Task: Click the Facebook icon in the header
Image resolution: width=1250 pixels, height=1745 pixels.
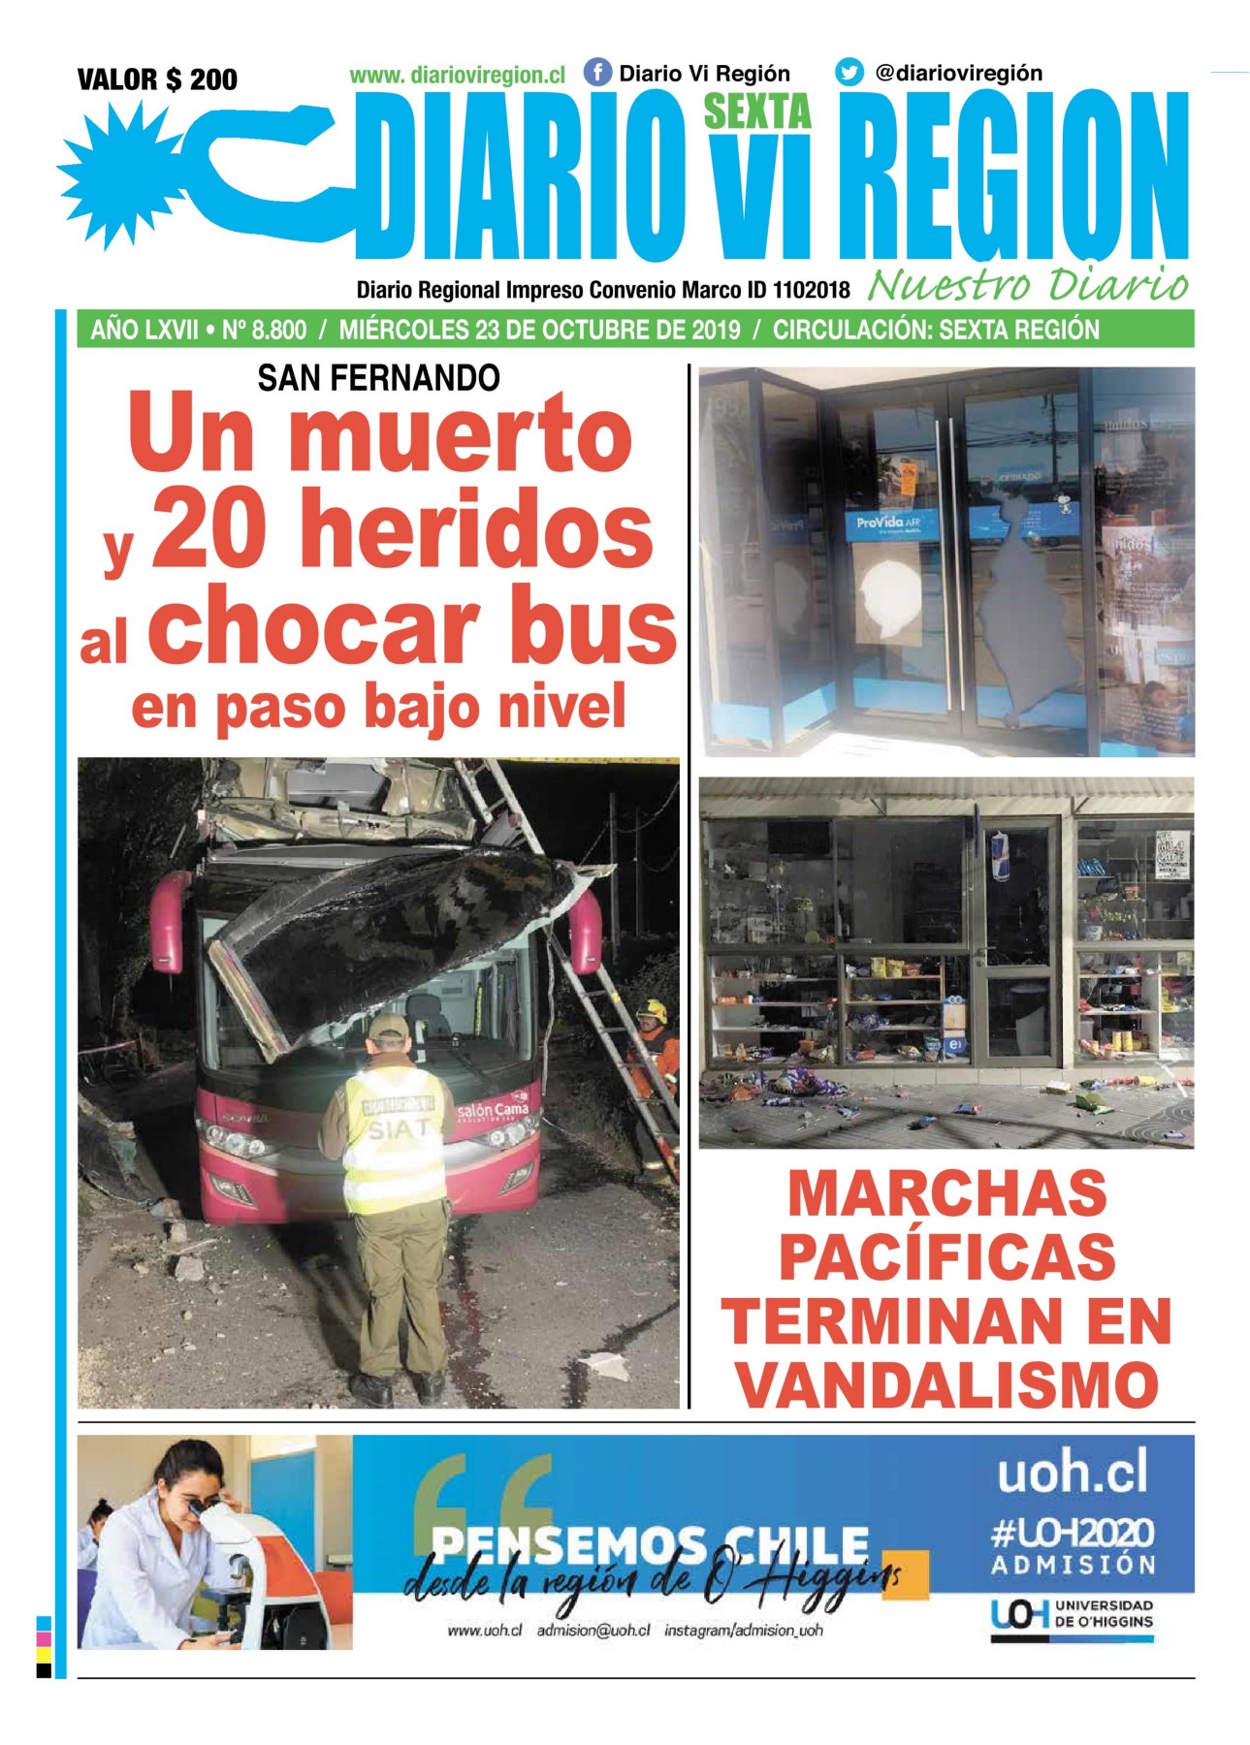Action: [x=597, y=73]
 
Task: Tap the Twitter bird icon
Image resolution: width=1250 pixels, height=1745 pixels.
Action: [x=849, y=73]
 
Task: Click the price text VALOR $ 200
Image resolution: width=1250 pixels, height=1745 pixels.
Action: [x=157, y=79]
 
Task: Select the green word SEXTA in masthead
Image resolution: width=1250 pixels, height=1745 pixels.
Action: [x=756, y=112]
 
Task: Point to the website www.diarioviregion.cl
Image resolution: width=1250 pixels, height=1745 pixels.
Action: [x=457, y=75]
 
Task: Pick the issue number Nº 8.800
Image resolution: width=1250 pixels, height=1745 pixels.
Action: [x=264, y=330]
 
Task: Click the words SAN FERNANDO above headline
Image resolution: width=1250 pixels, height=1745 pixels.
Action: [x=378, y=377]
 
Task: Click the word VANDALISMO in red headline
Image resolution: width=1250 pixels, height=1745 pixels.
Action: [x=947, y=1384]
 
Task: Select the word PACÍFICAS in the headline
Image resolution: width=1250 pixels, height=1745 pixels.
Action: [x=947, y=1257]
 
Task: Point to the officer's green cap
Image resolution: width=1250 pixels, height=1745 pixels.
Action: [x=389, y=1027]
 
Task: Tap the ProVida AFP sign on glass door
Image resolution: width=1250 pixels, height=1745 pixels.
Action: [x=887, y=523]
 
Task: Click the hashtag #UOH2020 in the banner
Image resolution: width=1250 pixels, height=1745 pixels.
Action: [x=1072, y=1534]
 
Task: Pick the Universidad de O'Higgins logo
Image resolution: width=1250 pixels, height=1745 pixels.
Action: [x=1072, y=1615]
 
